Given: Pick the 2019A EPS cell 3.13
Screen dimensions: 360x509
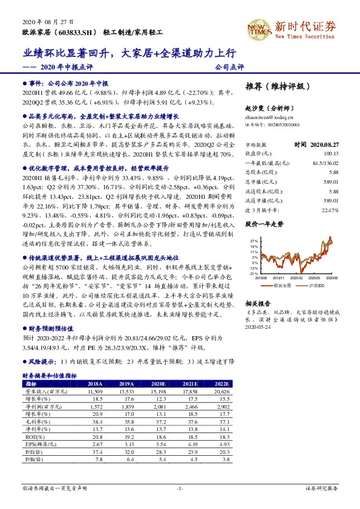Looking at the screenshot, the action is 126,444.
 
